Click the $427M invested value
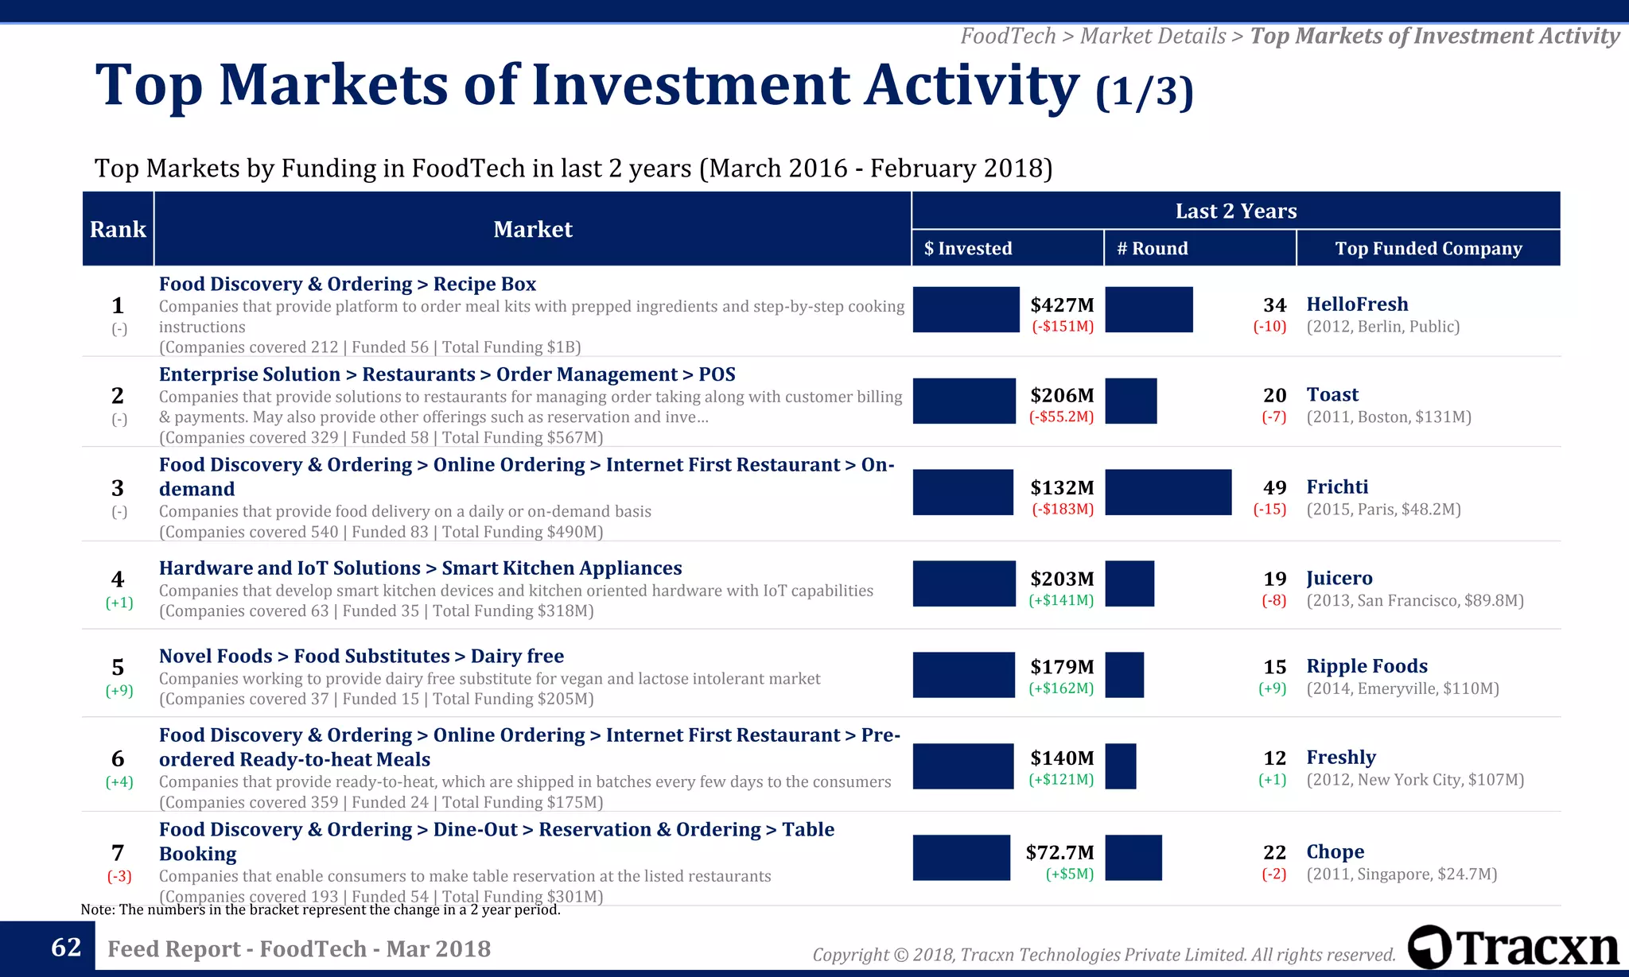[x=1062, y=305]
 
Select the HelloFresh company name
[x=1357, y=304]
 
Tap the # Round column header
[x=1152, y=248]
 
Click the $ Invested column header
[x=968, y=248]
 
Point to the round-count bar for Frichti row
[x=1168, y=492]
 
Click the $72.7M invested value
[x=1059, y=852]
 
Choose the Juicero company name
[x=1339, y=579]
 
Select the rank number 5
[x=118, y=667]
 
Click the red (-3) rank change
[x=119, y=876]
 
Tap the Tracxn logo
[x=1514, y=948]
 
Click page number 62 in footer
[x=66, y=948]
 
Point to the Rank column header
[x=118, y=229]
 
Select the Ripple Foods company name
[x=1367, y=666]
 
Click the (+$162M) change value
[x=1061, y=688]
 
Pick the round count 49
[x=1274, y=487]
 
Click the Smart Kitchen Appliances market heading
[x=420, y=568]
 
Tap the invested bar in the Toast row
[x=964, y=401]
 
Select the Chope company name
[x=1335, y=852]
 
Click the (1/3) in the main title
[x=1144, y=91]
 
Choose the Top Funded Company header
[x=1428, y=248]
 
